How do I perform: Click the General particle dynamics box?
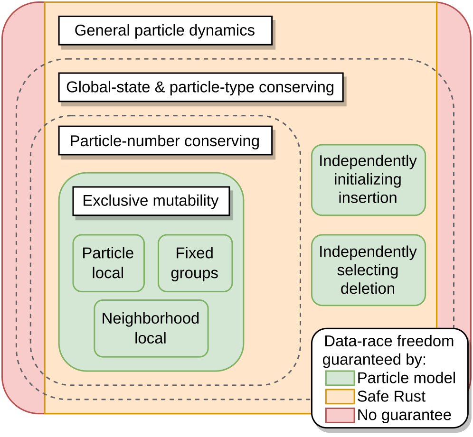(x=165, y=31)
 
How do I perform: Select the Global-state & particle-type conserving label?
(x=200, y=87)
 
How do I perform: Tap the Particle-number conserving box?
(x=165, y=141)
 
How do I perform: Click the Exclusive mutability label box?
(x=151, y=201)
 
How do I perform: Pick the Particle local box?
(x=108, y=263)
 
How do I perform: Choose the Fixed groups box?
(x=195, y=263)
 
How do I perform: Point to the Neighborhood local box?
(x=151, y=328)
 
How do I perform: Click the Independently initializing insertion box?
(x=368, y=180)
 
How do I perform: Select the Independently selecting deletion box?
(x=368, y=270)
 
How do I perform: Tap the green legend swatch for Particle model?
(x=340, y=378)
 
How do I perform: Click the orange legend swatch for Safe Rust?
(x=340, y=397)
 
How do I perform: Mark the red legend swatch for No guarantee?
(x=340, y=415)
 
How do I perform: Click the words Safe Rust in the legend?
(x=392, y=397)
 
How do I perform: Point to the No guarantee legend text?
(x=405, y=415)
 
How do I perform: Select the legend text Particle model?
(x=407, y=378)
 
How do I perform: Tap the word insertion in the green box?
(x=368, y=198)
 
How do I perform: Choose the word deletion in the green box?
(x=368, y=288)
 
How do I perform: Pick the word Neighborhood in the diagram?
(x=151, y=318)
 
